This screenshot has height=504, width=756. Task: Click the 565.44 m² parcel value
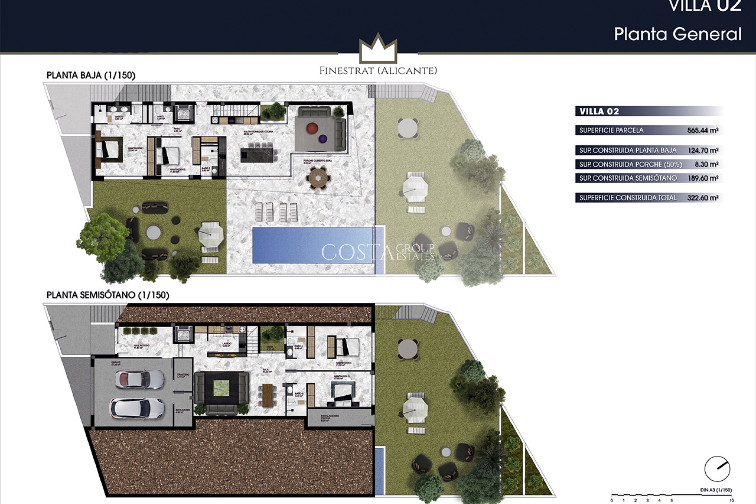pyautogui.click(x=702, y=130)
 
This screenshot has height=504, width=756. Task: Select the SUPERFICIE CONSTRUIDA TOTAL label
pyautogui.click(x=628, y=198)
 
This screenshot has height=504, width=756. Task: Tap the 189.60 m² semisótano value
pyautogui.click(x=702, y=178)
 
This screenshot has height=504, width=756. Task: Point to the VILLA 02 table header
pyautogui.click(x=599, y=111)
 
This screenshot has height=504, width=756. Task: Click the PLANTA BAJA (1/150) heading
pyautogui.click(x=91, y=75)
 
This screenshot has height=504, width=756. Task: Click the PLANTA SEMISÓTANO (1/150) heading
pyautogui.click(x=107, y=295)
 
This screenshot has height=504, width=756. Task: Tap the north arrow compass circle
pyautogui.click(x=717, y=469)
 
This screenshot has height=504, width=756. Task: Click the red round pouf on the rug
pyautogui.click(x=312, y=128)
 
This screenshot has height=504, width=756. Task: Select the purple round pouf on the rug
pyautogui.click(x=323, y=139)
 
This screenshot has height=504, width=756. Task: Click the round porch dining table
pyautogui.click(x=318, y=178)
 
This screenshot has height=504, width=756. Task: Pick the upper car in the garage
pyautogui.click(x=139, y=379)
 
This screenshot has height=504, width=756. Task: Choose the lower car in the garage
pyautogui.click(x=137, y=408)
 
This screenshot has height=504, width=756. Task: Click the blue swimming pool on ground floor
pyautogui.click(x=313, y=245)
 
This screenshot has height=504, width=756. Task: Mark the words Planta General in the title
pyautogui.click(x=678, y=34)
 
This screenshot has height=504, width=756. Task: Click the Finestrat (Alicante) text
pyautogui.click(x=378, y=71)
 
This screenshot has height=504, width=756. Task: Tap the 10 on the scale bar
pyautogui.click(x=731, y=500)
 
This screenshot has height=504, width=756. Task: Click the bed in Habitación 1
pyautogui.click(x=109, y=149)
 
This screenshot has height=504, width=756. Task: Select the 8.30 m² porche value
pyautogui.click(x=706, y=164)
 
